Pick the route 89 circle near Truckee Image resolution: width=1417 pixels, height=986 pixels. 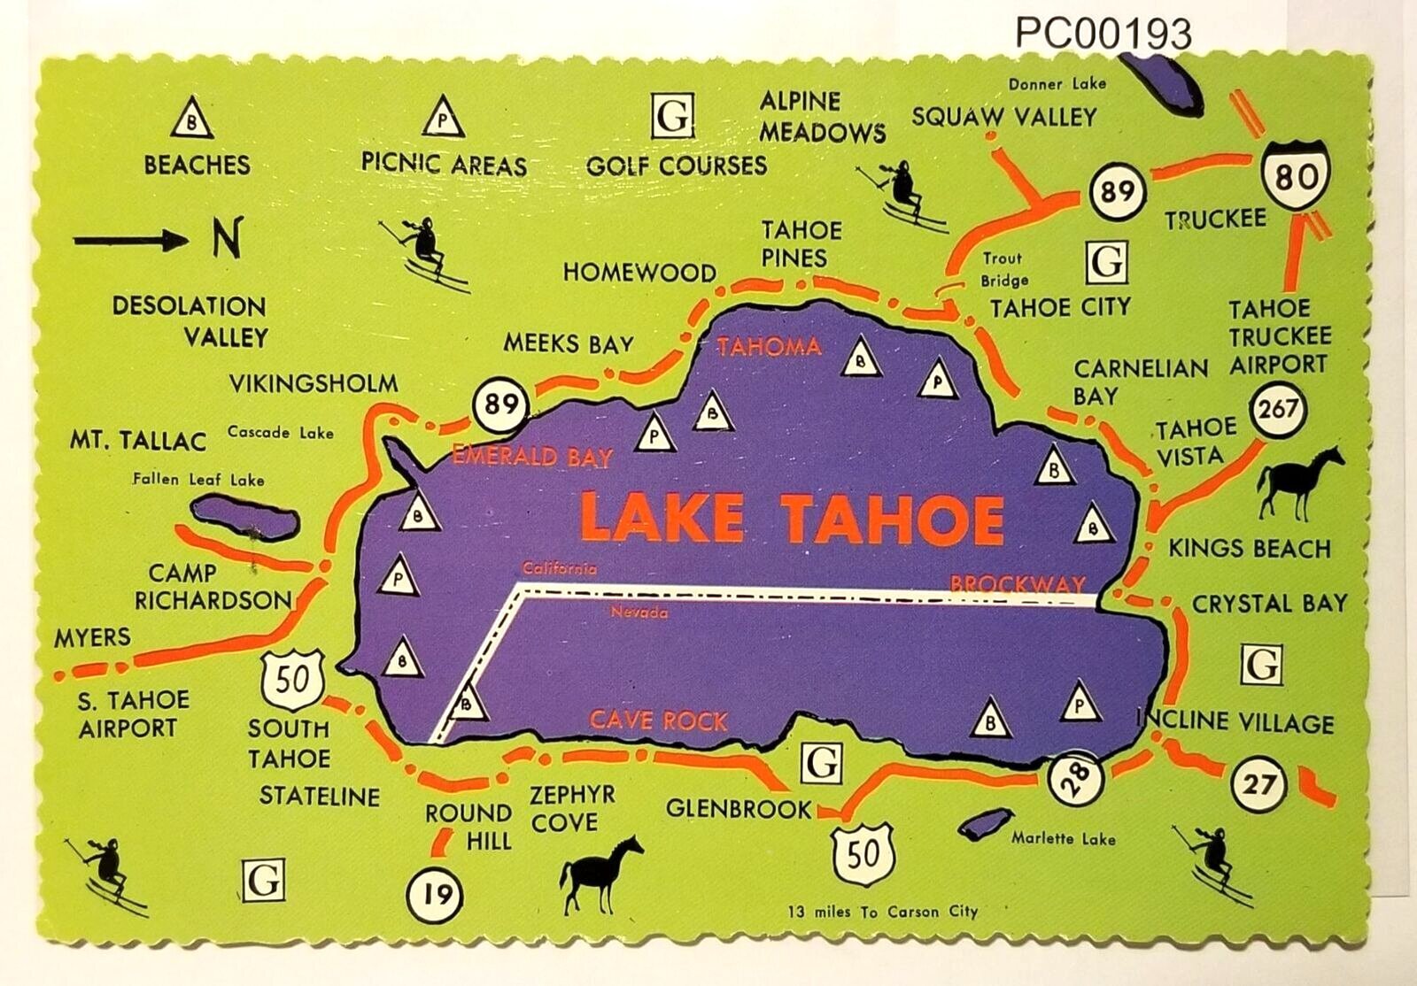[x=1117, y=190]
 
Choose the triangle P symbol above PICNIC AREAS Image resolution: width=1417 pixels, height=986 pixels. [x=443, y=118]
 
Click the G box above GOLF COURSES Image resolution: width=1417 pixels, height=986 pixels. [x=672, y=118]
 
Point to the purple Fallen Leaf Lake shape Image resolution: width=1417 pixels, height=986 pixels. [x=243, y=518]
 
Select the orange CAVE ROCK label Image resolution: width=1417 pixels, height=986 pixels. [x=658, y=720]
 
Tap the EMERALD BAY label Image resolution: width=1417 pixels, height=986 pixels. [x=532, y=457]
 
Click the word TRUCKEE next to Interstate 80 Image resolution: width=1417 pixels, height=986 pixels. [x=1214, y=220]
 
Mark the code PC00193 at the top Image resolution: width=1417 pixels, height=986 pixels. [x=1103, y=35]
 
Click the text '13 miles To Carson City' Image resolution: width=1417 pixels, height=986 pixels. [x=882, y=912]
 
